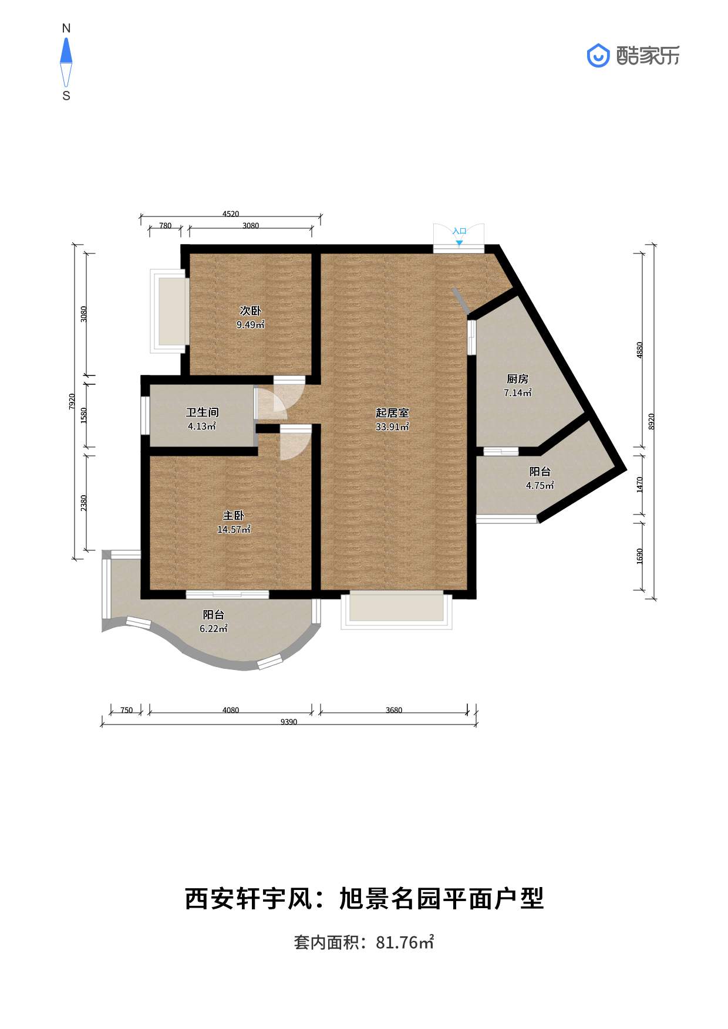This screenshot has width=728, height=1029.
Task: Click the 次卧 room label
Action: pyautogui.click(x=250, y=311)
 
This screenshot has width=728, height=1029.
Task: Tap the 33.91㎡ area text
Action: pyautogui.click(x=392, y=427)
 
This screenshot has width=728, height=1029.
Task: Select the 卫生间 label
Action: pyautogui.click(x=202, y=412)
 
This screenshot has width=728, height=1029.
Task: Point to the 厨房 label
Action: pyautogui.click(x=517, y=379)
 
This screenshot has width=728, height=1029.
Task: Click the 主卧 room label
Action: pyautogui.click(x=233, y=515)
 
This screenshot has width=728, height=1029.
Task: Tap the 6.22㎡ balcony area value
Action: pyautogui.click(x=213, y=629)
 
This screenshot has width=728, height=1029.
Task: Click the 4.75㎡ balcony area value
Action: pyautogui.click(x=540, y=486)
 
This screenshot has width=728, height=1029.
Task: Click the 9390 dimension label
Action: pyautogui.click(x=288, y=722)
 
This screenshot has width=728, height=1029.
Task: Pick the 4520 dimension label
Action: pyautogui.click(x=231, y=214)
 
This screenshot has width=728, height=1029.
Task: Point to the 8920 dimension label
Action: pyautogui.click(x=651, y=421)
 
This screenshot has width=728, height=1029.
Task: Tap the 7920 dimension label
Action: pyautogui.click(x=72, y=401)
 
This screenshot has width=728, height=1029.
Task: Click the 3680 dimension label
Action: pyautogui.click(x=394, y=710)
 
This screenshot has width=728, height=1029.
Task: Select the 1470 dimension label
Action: pyautogui.click(x=640, y=484)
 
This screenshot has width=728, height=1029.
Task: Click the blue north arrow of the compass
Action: pyautogui.click(x=66, y=51)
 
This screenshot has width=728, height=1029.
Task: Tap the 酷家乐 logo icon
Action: pyautogui.click(x=598, y=56)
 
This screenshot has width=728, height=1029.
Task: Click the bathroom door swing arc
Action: pyautogui.click(x=269, y=402)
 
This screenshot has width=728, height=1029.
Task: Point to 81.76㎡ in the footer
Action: pyautogui.click(x=405, y=942)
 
